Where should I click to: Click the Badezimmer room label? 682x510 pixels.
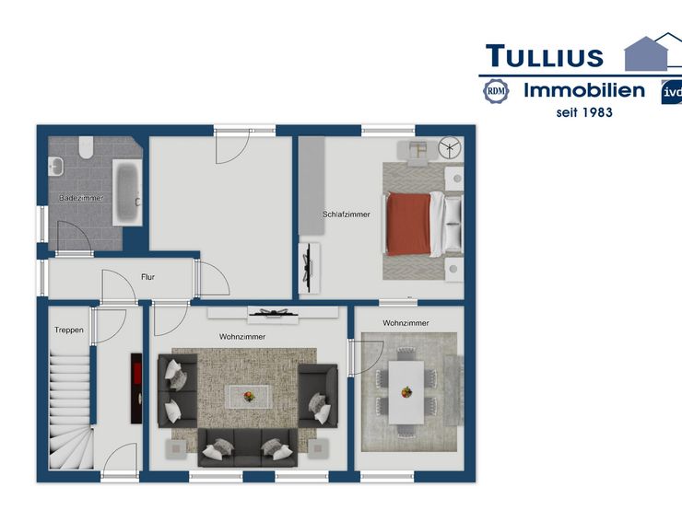81,198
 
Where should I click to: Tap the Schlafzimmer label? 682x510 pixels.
347,214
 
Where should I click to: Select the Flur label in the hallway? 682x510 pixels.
147,277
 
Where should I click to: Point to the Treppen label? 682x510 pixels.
69,330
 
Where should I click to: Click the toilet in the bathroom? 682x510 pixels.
86,147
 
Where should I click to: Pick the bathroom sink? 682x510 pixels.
55,167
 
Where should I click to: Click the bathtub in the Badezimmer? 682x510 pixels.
127,192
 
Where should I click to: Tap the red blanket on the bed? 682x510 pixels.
408,224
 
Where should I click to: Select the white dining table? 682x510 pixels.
406,392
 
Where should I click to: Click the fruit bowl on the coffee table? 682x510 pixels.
249,396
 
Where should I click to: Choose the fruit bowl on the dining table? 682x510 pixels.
406,392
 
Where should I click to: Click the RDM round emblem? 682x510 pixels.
496,91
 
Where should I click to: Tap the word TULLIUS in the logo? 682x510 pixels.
545,56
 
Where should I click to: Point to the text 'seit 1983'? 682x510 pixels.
584,112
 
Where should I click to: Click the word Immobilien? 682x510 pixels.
584,90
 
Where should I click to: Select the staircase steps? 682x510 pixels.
71,411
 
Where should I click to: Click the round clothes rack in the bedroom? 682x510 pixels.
450,147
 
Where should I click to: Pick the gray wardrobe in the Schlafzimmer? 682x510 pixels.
312,186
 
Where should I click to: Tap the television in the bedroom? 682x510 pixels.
309,268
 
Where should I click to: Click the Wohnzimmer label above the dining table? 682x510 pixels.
406,323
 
